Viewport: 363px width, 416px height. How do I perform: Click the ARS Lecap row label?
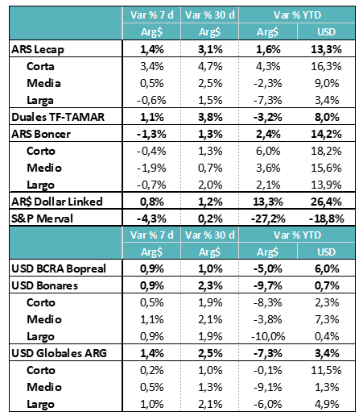coord(38,50)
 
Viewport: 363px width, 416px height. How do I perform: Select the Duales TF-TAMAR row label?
coord(58,117)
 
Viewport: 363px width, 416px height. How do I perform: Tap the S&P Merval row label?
coord(42,218)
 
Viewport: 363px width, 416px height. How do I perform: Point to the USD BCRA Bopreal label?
coord(59,268)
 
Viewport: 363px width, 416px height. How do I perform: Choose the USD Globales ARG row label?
coord(59,353)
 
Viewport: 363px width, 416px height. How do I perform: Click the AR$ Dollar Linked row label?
coord(57,202)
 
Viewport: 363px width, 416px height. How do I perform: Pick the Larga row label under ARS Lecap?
coord(40,101)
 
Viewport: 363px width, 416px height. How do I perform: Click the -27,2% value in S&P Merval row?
coord(268,218)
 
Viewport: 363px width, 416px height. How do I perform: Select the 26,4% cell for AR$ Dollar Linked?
coord(326,202)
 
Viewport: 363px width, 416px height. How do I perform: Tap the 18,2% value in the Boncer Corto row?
coord(326,151)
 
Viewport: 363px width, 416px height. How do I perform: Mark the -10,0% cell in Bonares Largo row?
coord(268,336)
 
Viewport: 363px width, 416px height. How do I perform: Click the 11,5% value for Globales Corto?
coord(326,370)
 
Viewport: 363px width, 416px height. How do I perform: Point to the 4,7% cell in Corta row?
coord(210,66)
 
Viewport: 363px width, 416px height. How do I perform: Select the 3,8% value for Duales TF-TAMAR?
coord(210,117)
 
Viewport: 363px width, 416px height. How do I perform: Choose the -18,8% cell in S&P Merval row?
coord(326,218)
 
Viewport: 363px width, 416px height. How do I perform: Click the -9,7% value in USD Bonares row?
coord(268,285)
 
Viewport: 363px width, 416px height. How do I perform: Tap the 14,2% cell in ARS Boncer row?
coord(326,134)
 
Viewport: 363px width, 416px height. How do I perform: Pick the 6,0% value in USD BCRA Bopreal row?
coord(327,268)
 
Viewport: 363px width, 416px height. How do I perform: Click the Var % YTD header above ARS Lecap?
coord(297,15)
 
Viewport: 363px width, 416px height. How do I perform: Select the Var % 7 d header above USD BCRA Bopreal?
coord(152,235)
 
